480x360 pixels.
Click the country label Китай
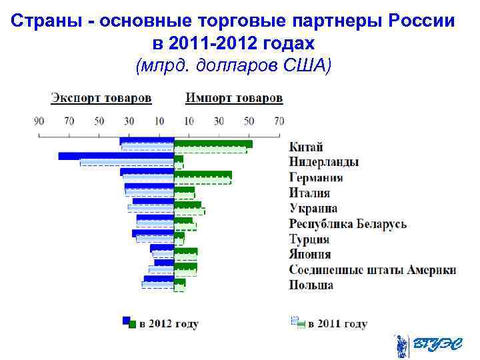tap(306, 147)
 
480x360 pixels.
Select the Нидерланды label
tap(324, 162)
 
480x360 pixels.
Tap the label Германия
tap(316, 177)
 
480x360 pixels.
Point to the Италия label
tap(309, 193)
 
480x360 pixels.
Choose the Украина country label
tap(313, 209)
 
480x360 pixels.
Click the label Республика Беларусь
tap(347, 224)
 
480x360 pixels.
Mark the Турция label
tap(309, 239)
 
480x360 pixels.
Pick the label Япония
tap(309, 255)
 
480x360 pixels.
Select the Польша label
tap(311, 285)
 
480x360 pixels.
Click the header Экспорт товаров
tap(101, 98)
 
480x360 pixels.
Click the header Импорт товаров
tap(234, 98)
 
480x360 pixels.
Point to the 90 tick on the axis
tap(39, 121)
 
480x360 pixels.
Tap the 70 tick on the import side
tap(279, 121)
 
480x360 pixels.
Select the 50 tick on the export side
tap(99, 121)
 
